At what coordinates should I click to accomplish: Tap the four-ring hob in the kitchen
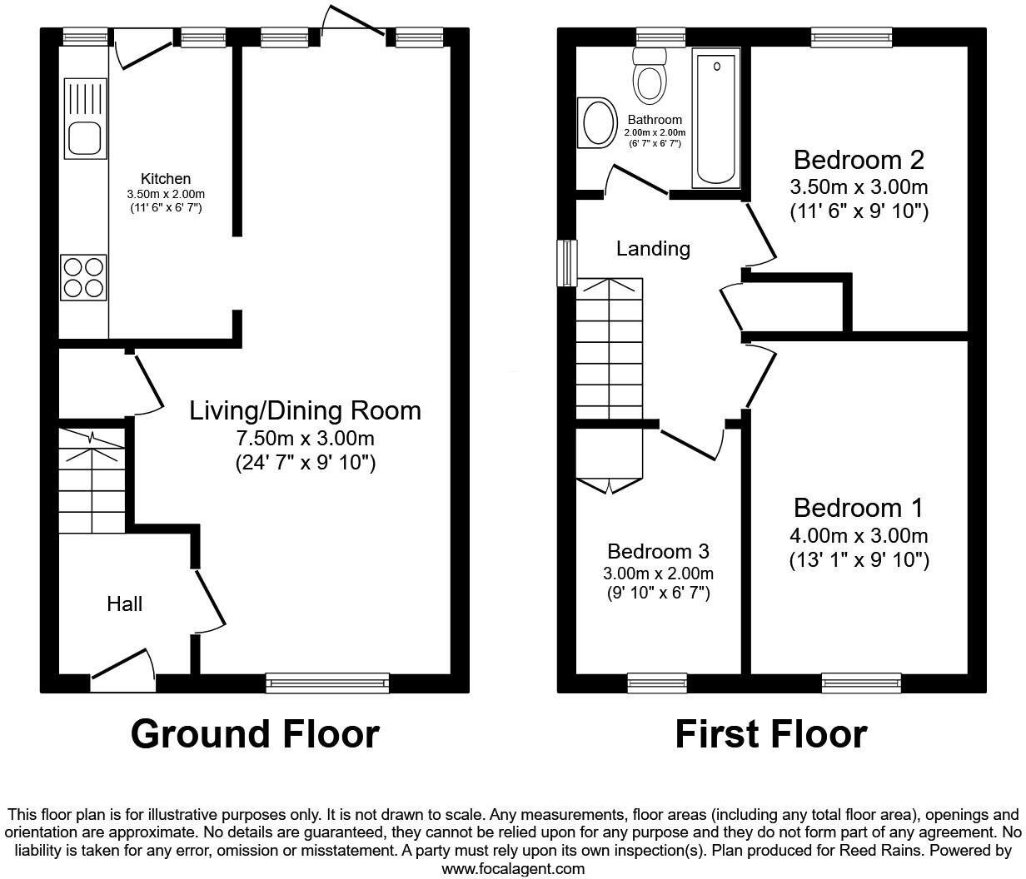click(x=83, y=277)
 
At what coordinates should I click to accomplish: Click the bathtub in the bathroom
click(x=716, y=118)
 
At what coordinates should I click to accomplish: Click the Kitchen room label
click(x=165, y=179)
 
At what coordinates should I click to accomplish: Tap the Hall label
click(x=124, y=603)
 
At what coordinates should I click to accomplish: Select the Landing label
click(x=653, y=248)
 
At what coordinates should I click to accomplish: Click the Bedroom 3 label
click(x=658, y=551)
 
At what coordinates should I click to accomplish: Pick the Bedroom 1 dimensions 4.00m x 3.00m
click(x=859, y=536)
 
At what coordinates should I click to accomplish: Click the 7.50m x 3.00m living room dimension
click(x=305, y=438)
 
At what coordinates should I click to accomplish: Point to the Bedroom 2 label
click(x=859, y=159)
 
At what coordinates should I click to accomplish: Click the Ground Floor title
click(x=255, y=734)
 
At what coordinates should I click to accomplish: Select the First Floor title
click(x=770, y=734)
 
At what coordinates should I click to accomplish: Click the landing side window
click(x=567, y=263)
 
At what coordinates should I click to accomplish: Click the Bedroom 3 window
click(x=657, y=683)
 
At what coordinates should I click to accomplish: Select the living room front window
click(x=327, y=683)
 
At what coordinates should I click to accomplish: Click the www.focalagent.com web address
click(x=512, y=868)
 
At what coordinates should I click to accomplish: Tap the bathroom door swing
click(x=637, y=179)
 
